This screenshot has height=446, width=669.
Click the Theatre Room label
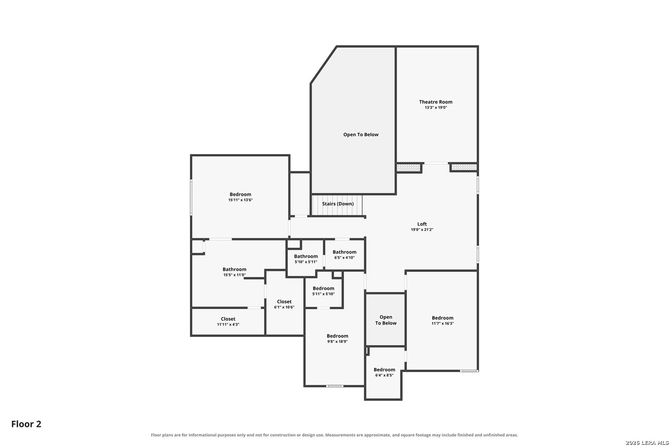tap(435, 102)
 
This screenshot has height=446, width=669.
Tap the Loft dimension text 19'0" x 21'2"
tap(422, 230)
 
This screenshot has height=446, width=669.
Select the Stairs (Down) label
tap(338, 204)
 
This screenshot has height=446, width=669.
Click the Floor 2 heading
tap(26, 424)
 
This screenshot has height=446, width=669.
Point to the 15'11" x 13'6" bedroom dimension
tap(240, 200)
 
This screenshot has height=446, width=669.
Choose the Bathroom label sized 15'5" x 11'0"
tap(235, 269)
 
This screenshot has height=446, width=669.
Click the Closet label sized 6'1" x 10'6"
tap(284, 301)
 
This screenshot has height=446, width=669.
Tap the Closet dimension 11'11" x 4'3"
tap(228, 325)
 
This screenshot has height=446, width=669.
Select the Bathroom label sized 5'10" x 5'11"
tap(306, 256)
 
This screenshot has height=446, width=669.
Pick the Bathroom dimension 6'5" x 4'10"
tap(344, 258)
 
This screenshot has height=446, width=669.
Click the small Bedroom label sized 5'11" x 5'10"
tap(323, 288)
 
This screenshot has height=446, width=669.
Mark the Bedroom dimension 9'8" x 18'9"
tap(337, 342)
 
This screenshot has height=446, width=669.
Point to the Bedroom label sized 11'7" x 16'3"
tap(443, 318)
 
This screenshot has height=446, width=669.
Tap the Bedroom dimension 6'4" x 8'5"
tap(384, 375)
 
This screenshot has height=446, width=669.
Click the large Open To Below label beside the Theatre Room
tap(361, 135)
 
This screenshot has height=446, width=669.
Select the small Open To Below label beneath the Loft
tap(386, 320)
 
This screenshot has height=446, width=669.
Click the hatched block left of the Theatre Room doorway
tap(408, 168)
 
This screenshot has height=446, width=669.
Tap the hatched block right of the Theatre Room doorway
tap(464, 167)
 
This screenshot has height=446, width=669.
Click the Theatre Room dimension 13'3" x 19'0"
tap(436, 107)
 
